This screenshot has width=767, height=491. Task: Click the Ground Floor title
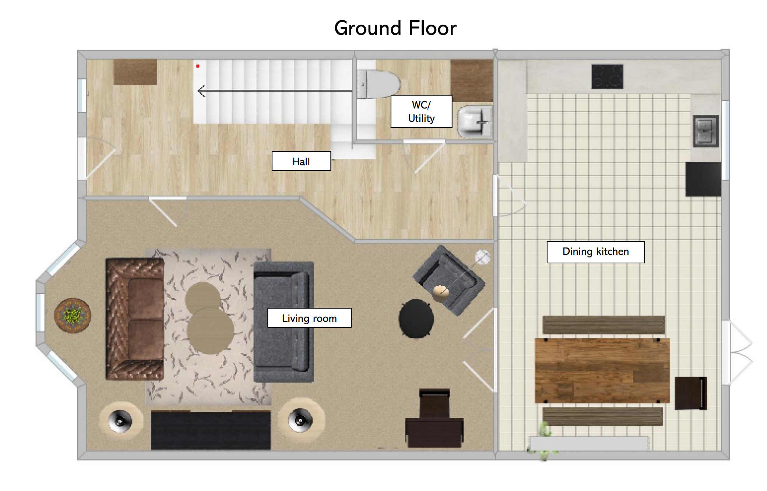(395, 28)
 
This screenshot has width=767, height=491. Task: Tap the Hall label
(301, 161)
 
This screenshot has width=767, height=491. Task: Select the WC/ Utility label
(421, 111)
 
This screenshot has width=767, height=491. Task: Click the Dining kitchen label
(595, 252)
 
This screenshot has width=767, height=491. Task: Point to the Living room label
(309, 318)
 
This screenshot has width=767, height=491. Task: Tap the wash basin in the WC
(475, 121)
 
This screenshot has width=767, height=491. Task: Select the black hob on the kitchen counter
(607, 77)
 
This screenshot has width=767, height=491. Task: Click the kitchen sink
(706, 131)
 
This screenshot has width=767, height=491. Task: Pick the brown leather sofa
(135, 319)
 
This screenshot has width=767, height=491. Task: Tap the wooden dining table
(602, 371)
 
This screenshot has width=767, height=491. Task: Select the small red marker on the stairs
(198, 66)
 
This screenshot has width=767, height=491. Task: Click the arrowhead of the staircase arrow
(201, 91)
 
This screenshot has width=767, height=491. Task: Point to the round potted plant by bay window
(73, 316)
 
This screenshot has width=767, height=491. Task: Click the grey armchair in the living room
(449, 280)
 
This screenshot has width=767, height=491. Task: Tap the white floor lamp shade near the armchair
(482, 257)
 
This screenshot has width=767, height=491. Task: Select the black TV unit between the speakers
(211, 430)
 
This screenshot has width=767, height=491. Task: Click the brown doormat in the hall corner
(135, 72)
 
